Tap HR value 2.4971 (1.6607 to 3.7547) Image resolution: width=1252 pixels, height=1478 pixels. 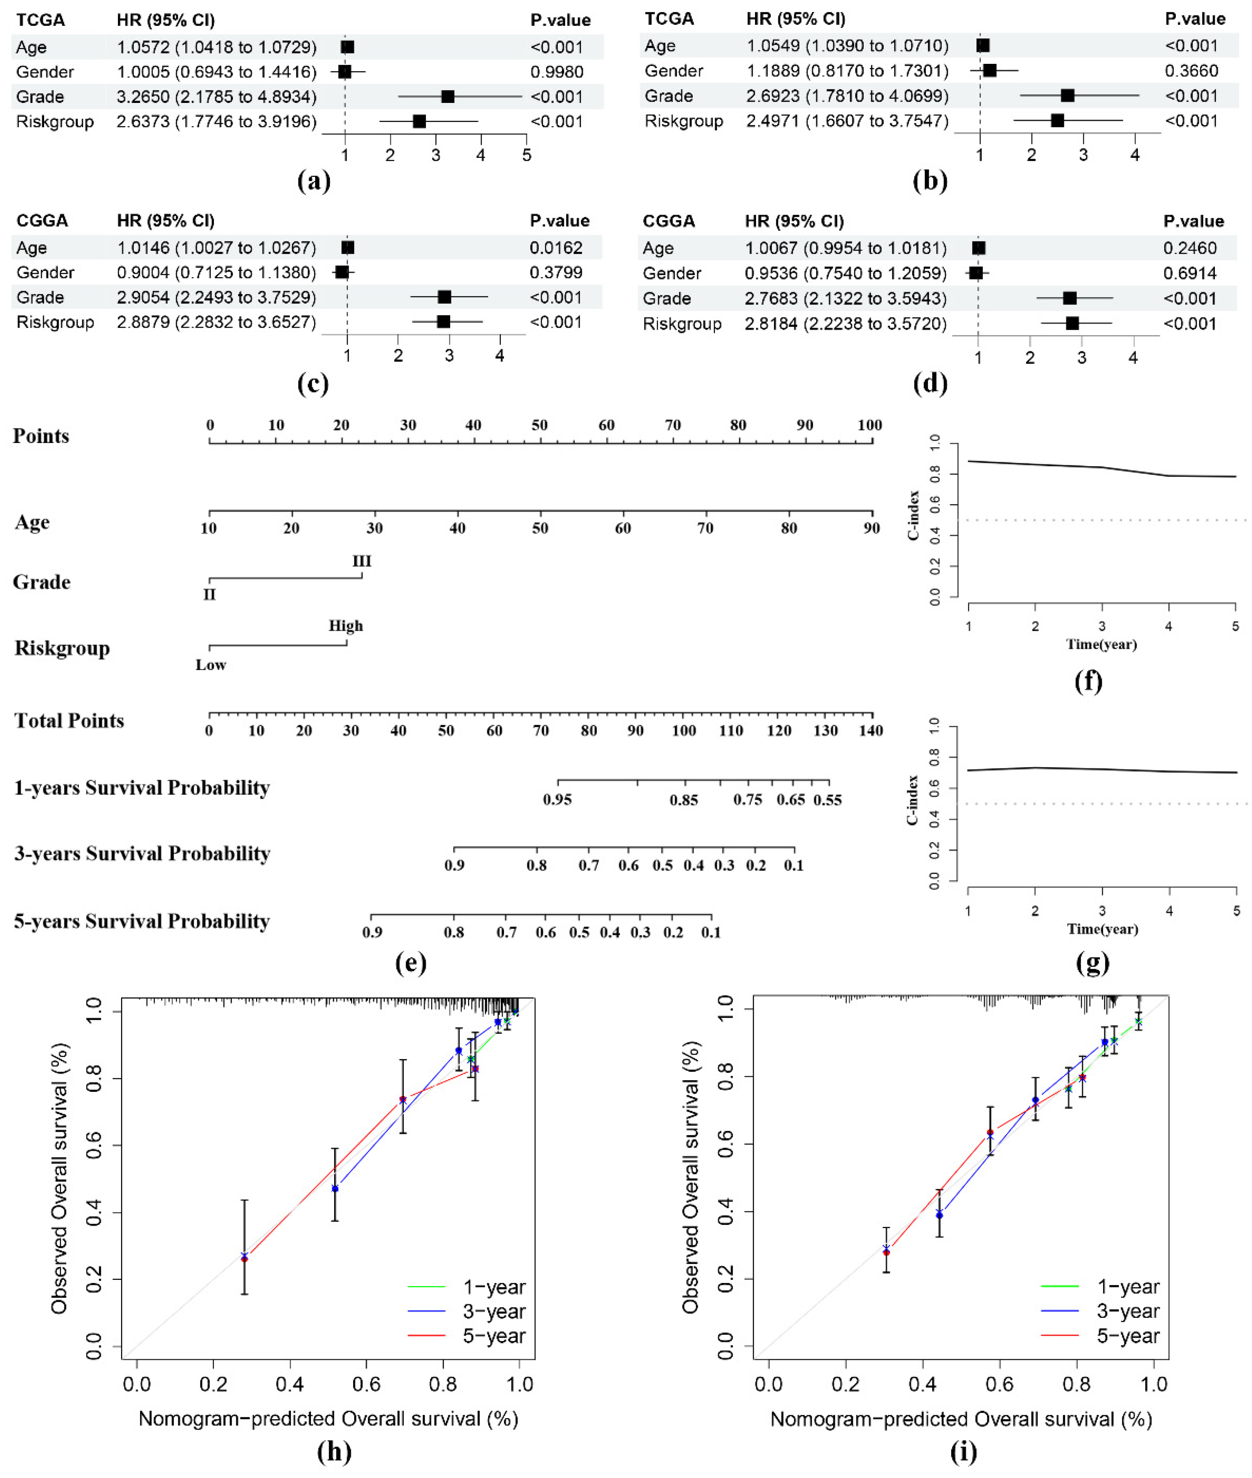[x=847, y=121]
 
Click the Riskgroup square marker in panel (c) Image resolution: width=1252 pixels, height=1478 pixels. [x=444, y=322]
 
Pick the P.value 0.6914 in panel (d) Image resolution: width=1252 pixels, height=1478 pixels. [x=1190, y=273]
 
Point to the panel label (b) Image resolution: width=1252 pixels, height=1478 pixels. [x=930, y=181]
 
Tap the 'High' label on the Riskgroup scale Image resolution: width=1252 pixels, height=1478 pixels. [x=346, y=625]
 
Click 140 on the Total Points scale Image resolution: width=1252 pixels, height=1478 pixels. [x=871, y=730]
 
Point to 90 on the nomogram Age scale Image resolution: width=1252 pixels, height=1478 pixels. [x=871, y=527]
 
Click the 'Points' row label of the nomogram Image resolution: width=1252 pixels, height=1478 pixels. [x=41, y=436]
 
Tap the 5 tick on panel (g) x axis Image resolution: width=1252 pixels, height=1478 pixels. [x=1236, y=911]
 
